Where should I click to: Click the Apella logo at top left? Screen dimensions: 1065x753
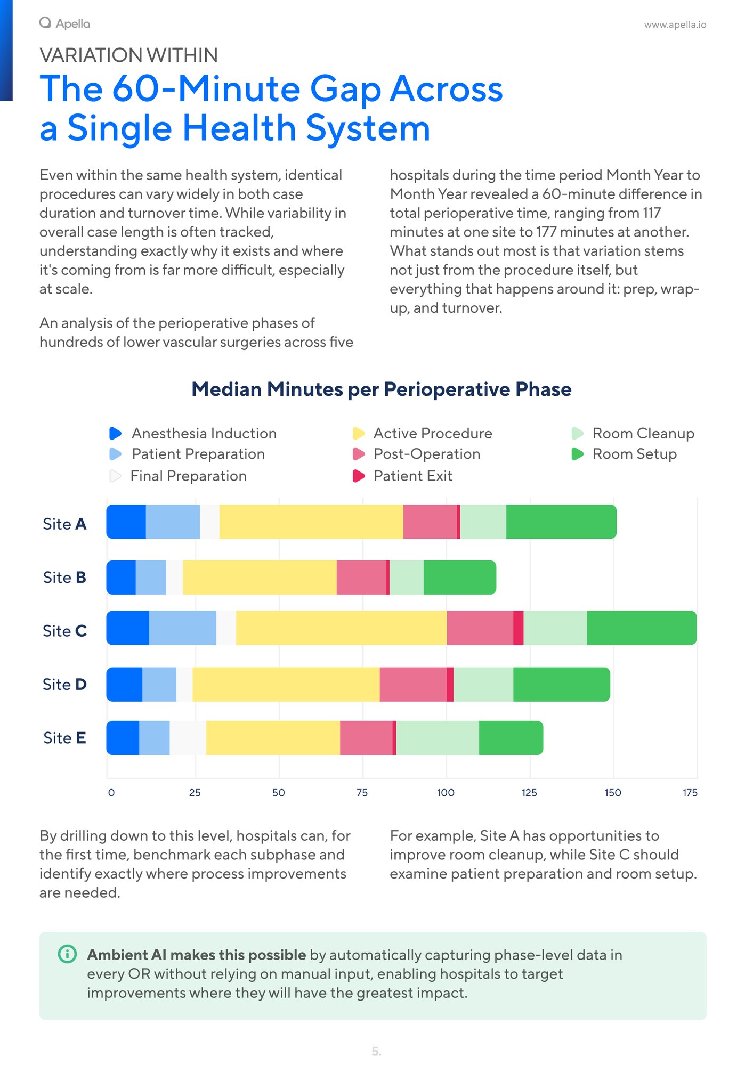(x=64, y=23)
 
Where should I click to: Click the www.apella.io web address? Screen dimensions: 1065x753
(x=675, y=25)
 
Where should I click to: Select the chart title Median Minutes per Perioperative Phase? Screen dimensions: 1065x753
(x=381, y=389)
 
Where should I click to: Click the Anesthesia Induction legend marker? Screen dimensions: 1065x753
(x=115, y=433)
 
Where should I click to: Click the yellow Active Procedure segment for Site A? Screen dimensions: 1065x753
(x=311, y=522)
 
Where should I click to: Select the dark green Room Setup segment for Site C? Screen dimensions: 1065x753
(x=641, y=628)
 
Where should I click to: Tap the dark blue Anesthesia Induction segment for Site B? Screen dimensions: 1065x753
(x=121, y=577)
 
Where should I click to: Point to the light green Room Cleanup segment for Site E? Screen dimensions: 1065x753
(x=437, y=738)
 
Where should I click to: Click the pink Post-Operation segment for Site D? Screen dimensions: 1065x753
(x=413, y=684)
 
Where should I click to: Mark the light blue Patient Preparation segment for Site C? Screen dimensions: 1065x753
(x=182, y=628)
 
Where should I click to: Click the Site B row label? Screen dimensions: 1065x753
(x=64, y=578)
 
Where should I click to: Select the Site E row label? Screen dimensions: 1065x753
(x=64, y=738)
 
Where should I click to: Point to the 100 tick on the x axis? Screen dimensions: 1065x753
(x=446, y=793)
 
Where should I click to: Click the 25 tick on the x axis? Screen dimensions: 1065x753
(x=195, y=793)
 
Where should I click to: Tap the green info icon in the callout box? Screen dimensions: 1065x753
(x=67, y=954)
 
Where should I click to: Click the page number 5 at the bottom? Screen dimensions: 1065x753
(x=376, y=1052)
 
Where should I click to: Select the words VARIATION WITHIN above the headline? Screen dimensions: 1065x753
(x=128, y=55)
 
